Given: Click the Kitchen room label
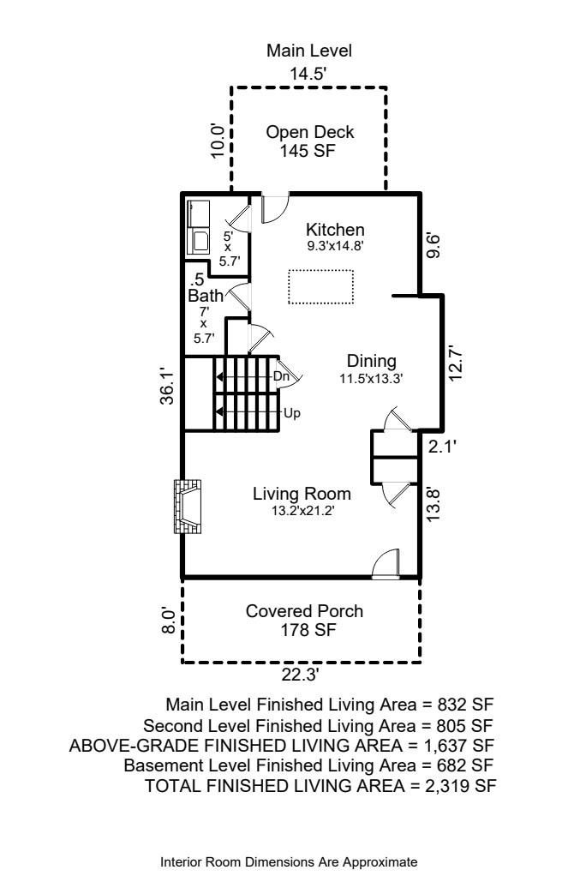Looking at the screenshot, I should tap(336, 230).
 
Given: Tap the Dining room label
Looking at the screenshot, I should tap(370, 360).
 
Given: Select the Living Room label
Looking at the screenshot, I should tap(302, 495).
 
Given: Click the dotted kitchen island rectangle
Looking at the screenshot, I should tap(320, 286).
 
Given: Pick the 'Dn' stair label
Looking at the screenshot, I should tap(280, 376).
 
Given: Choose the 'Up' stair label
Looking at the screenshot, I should tap(290, 412).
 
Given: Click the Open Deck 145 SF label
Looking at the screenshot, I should tap(309, 141).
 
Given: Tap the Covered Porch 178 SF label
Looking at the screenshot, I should tap(304, 621).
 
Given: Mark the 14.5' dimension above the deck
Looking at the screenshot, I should tap(308, 74).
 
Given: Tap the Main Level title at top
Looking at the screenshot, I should tap(309, 51).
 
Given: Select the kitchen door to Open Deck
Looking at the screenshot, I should tap(275, 207).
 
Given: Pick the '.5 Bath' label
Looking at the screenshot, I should tap(205, 288).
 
